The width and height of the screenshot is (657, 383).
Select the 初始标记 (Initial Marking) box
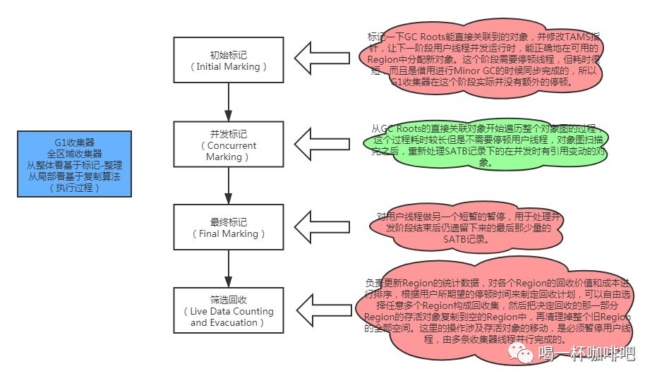228,61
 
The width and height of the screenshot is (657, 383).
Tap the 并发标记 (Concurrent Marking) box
228,145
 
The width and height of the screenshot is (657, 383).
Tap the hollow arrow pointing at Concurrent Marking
317,144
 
